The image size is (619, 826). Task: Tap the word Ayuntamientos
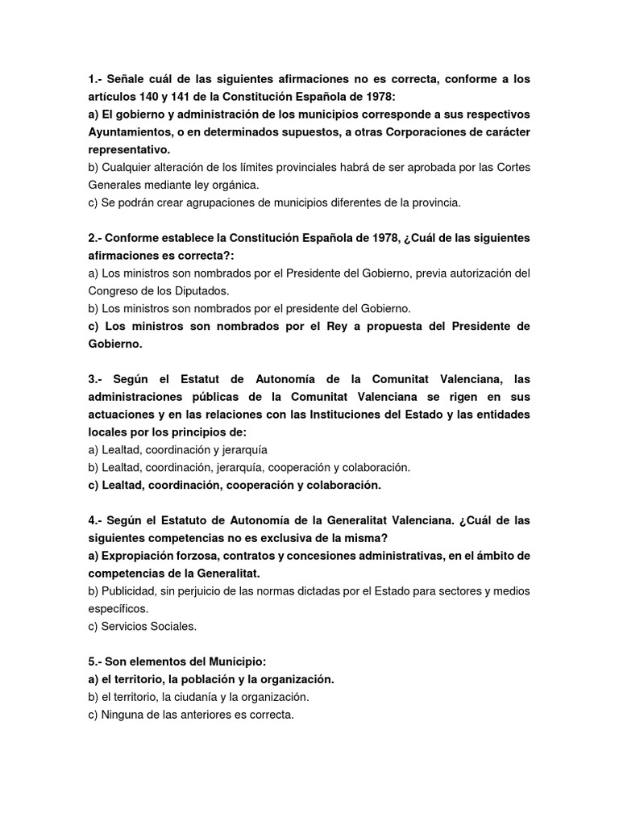point(131,132)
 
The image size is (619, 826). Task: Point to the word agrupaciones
point(206,202)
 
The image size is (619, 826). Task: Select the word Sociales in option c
point(173,626)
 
